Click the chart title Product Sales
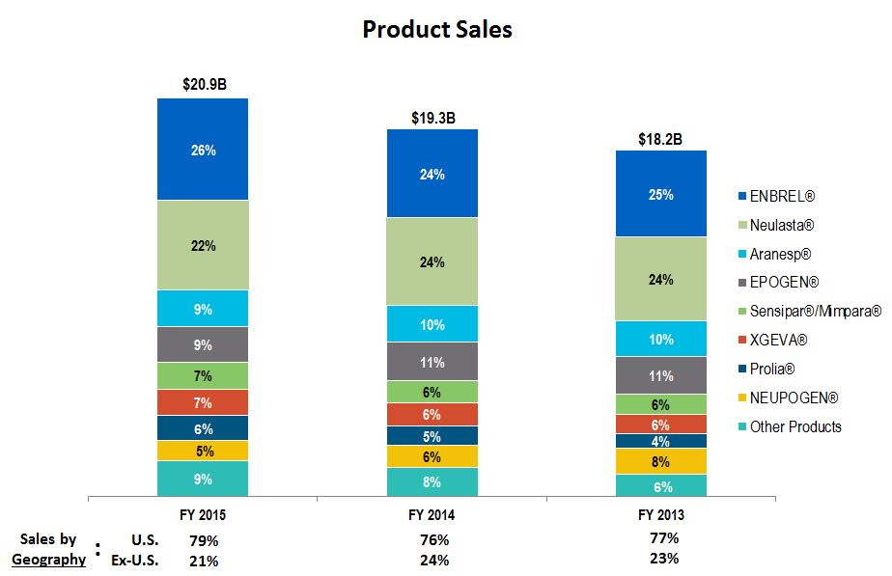click(436, 30)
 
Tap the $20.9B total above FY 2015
click(204, 85)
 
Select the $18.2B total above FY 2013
click(660, 139)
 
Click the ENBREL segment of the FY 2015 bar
click(204, 150)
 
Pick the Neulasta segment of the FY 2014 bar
click(432, 261)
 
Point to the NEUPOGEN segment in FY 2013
click(661, 461)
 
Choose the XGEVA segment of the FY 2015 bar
click(204, 402)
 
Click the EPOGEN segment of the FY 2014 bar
click(432, 362)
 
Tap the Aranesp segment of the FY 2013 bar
click(661, 339)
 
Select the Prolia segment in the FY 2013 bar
click(661, 441)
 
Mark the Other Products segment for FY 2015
click(204, 479)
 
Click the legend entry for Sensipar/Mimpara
click(815, 312)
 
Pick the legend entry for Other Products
click(794, 426)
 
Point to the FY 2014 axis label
click(432, 514)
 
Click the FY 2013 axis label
click(661, 514)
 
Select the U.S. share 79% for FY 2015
click(204, 540)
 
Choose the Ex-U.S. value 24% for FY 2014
click(433, 561)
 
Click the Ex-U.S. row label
click(135, 561)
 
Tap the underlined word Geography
click(48, 559)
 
